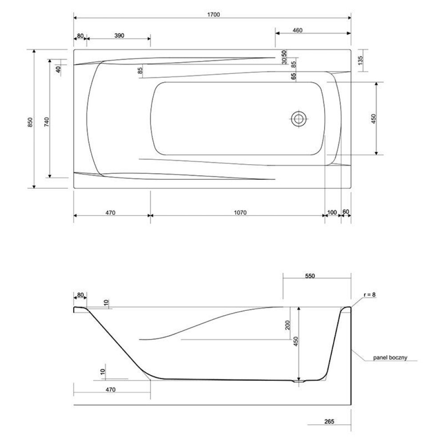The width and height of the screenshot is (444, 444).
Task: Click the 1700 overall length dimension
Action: point(214,15)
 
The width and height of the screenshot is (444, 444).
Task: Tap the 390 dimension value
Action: point(119,36)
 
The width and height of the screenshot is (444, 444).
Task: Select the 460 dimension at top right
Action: point(297,30)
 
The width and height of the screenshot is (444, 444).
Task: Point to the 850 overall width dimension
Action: point(30,122)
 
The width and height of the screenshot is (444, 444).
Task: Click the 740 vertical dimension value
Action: point(47,122)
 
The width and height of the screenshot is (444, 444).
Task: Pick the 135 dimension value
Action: point(360,60)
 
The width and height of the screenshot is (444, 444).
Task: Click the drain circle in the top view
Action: point(298,119)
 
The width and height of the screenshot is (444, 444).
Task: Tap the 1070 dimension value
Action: point(240,212)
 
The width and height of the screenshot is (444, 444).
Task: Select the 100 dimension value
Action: point(332,212)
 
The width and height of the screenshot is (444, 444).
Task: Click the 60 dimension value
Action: point(346,212)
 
